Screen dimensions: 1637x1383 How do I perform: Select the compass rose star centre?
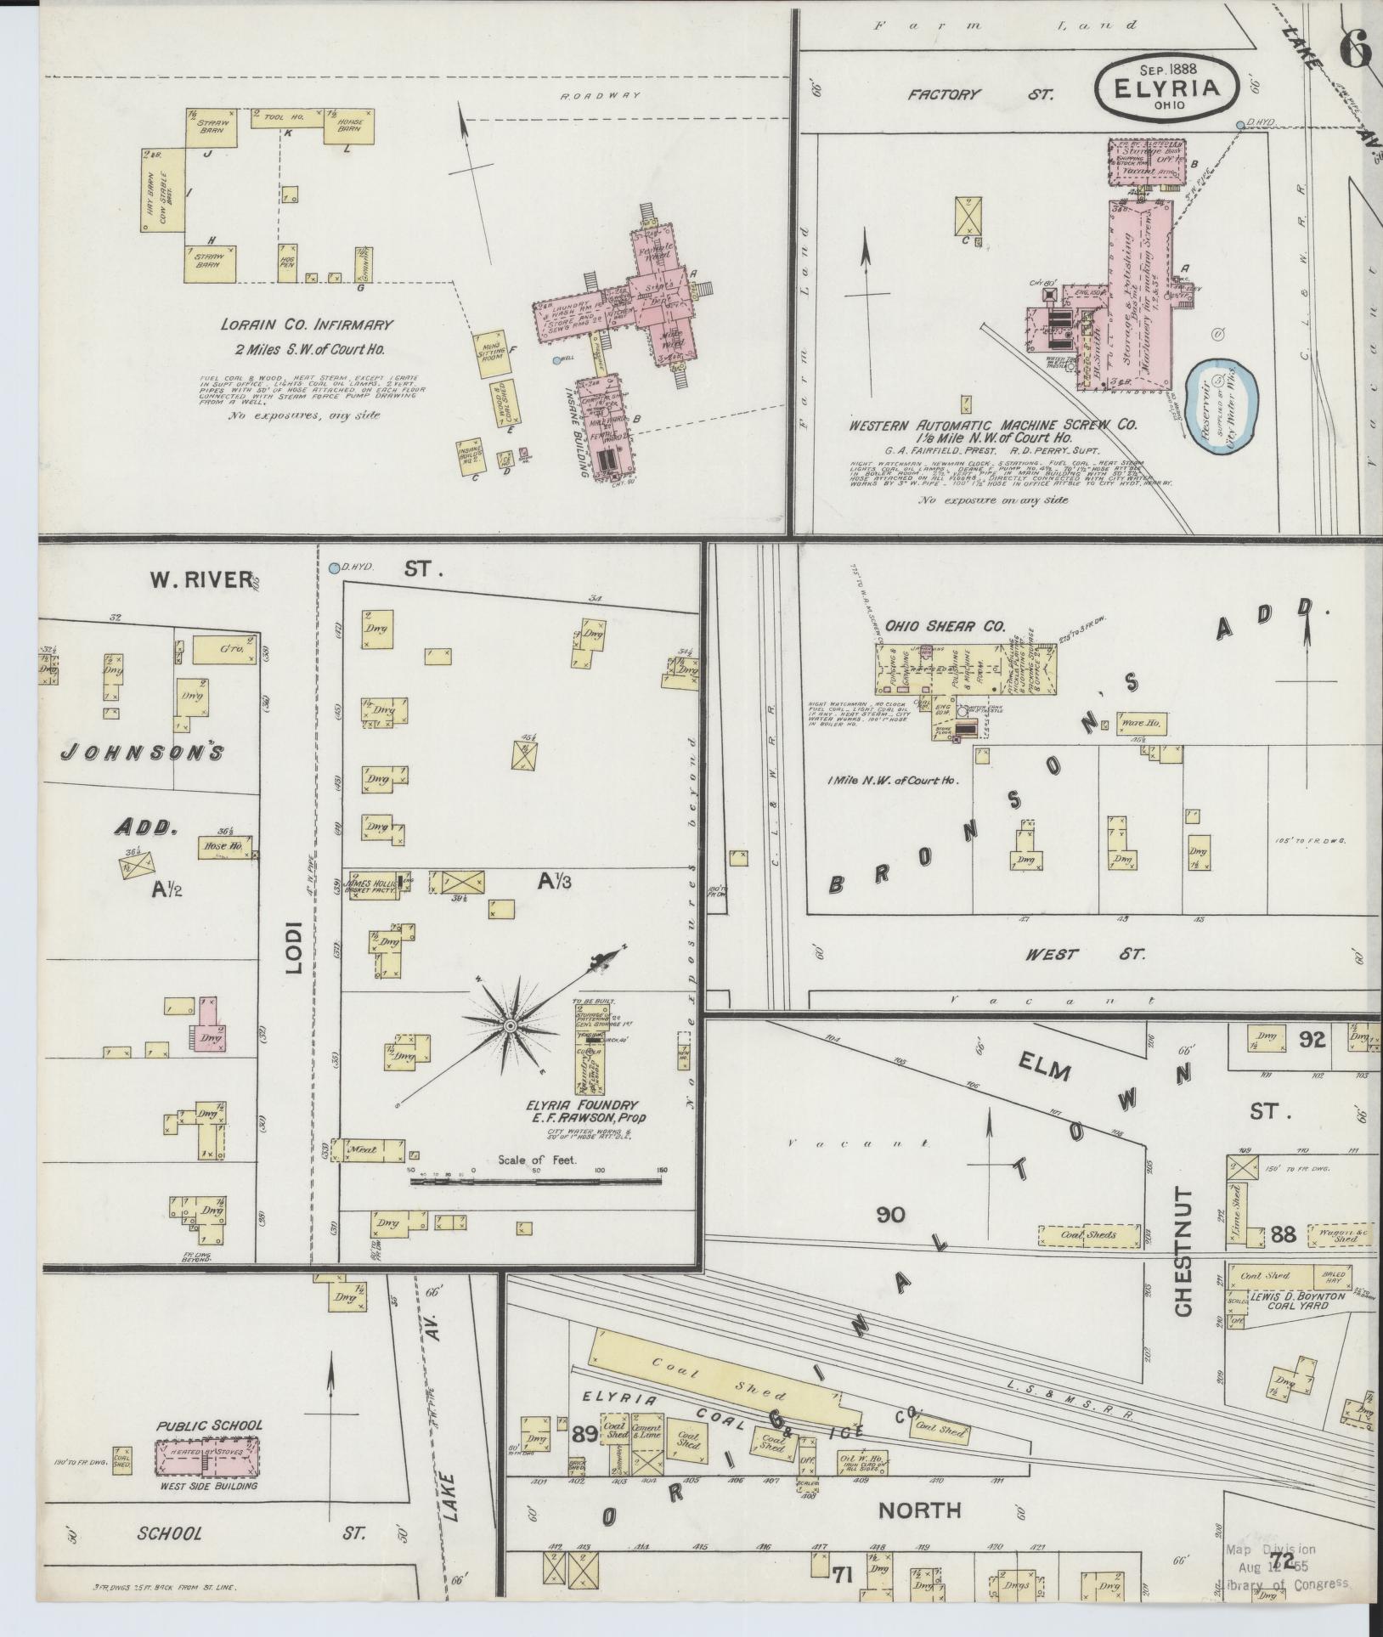[510, 1027]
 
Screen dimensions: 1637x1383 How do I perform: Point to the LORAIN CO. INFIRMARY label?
[307, 325]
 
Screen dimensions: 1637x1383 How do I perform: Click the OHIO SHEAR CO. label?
[945, 627]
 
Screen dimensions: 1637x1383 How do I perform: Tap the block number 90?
[891, 1216]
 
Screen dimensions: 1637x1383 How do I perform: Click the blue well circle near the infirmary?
[556, 360]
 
